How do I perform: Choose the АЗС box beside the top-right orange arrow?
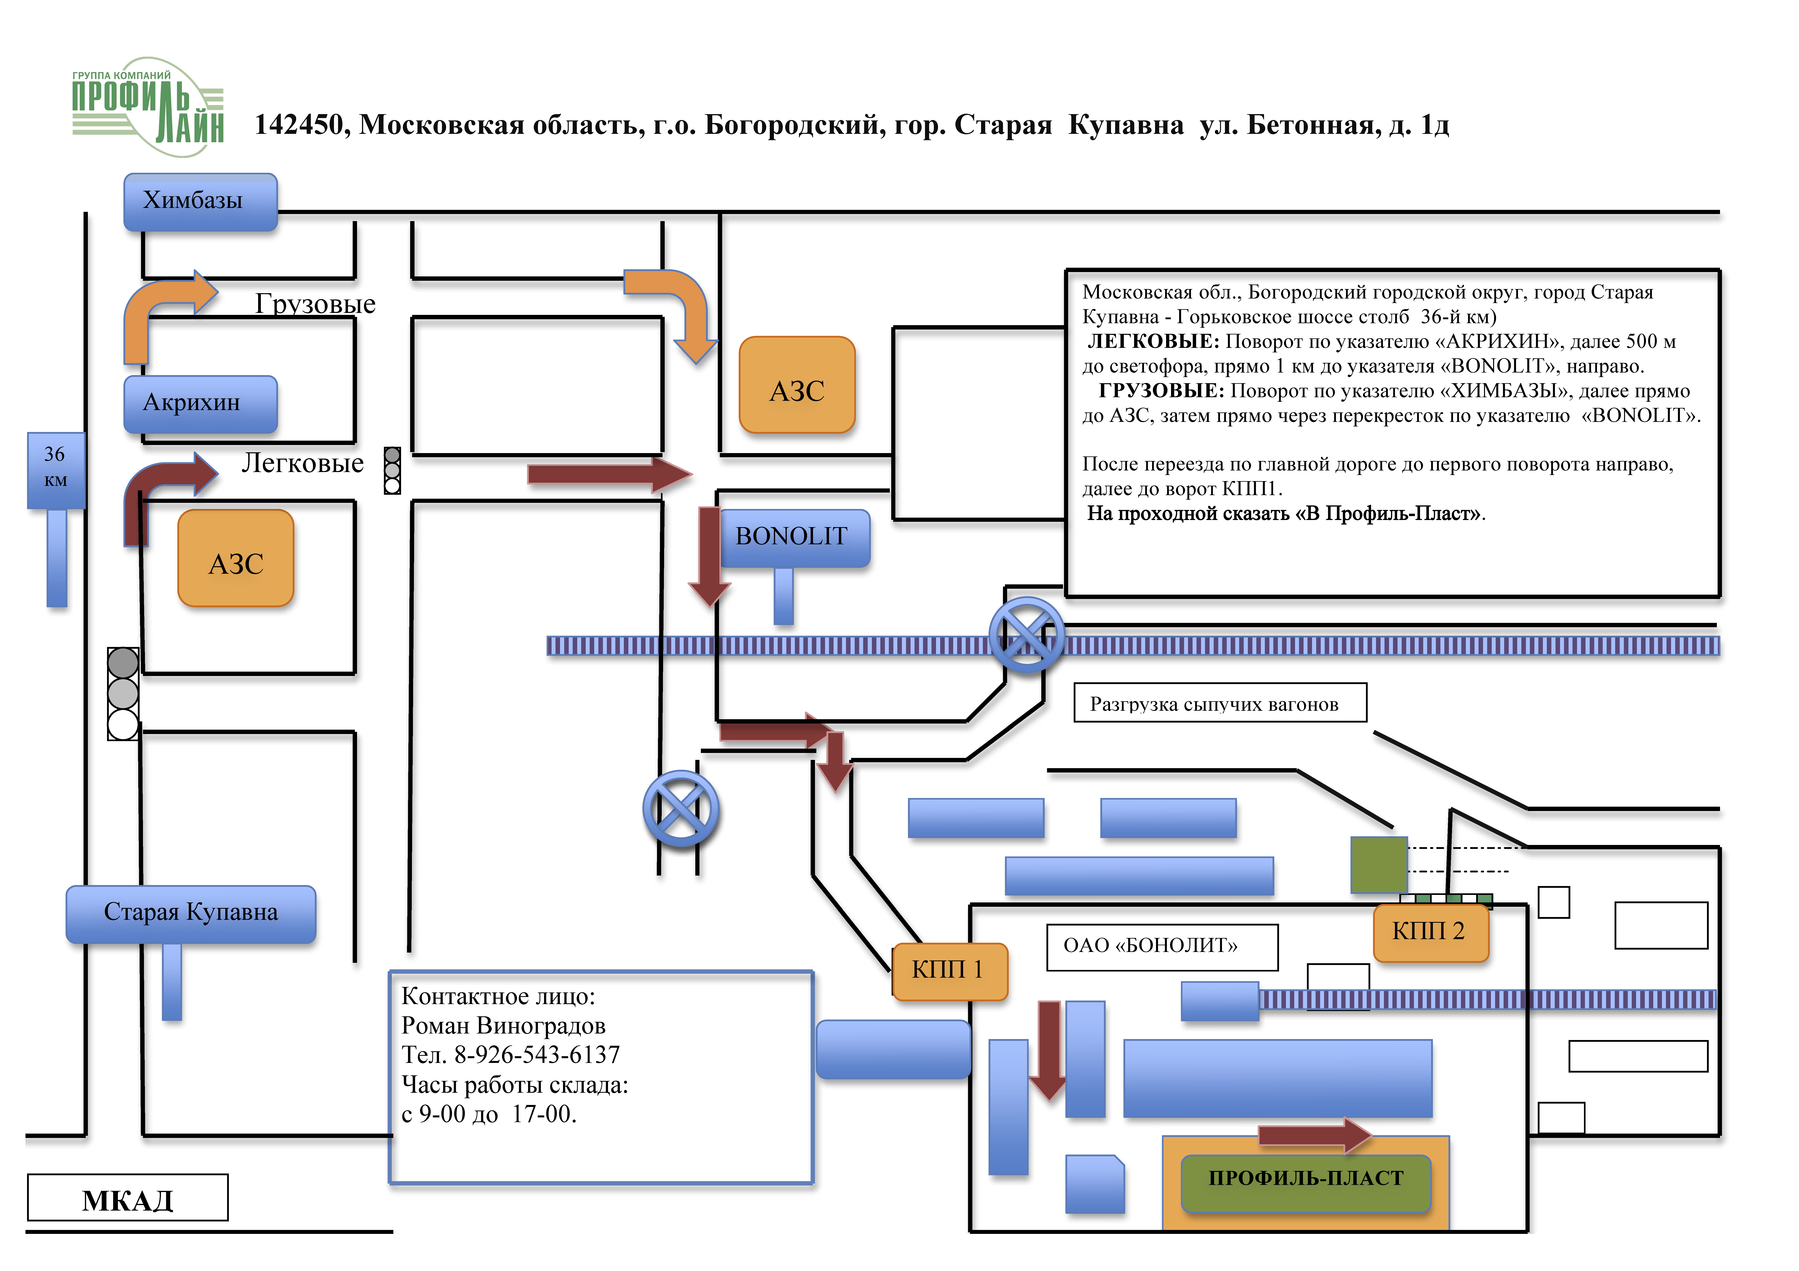tap(797, 385)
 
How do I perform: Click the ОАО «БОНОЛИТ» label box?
tap(1162, 947)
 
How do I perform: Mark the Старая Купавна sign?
tap(191, 914)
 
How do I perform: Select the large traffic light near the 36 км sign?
tap(123, 694)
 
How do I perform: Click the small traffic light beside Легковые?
tap(393, 471)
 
